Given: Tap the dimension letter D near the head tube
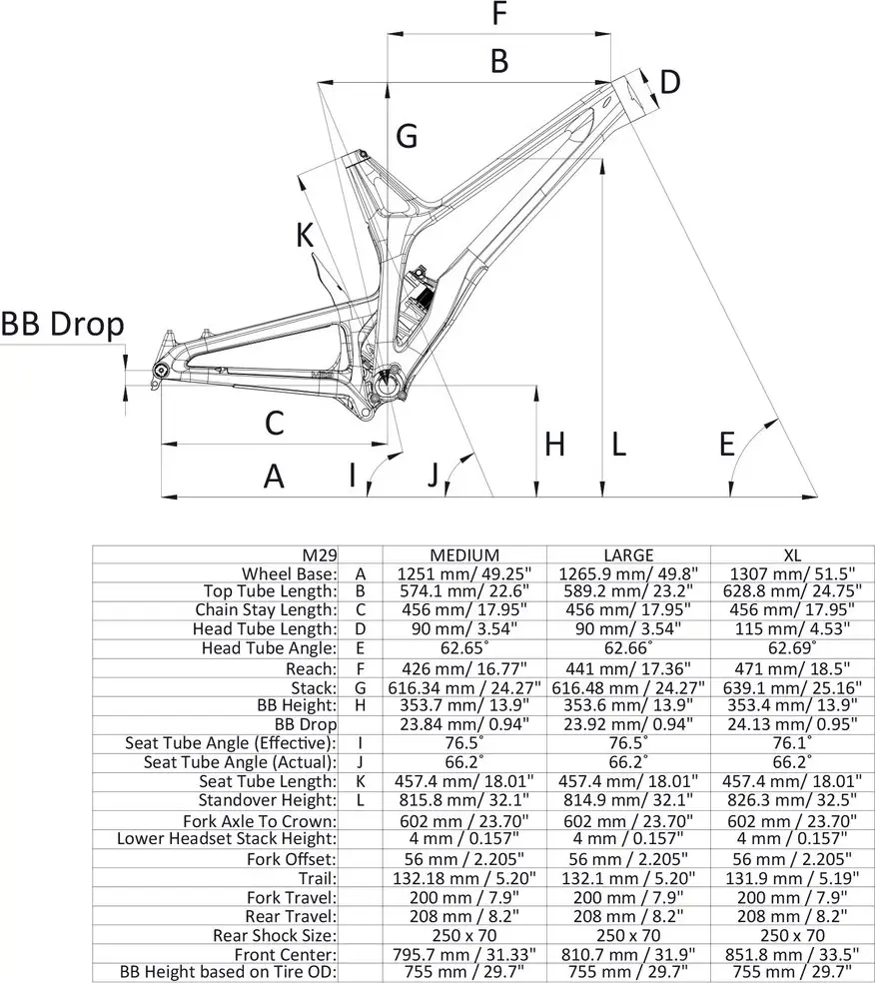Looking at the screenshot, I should [x=670, y=82].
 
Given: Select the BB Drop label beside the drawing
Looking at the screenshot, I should [x=62, y=324].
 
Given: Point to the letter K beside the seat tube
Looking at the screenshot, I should [x=305, y=236].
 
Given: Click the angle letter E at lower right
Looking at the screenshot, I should [x=728, y=444].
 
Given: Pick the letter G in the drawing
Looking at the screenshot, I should [x=406, y=136].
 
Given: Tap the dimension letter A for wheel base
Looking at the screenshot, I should [x=274, y=477].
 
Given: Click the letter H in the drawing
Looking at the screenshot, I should [x=554, y=444].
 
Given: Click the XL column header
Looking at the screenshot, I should [x=791, y=554].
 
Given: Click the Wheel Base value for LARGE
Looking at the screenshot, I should [x=628, y=573].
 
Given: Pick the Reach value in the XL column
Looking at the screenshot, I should [x=791, y=667].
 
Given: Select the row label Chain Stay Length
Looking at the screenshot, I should [x=266, y=610].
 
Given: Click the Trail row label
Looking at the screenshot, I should [x=318, y=877].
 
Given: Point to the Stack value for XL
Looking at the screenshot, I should [x=791, y=686].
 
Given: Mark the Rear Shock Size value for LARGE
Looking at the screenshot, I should [x=628, y=934].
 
